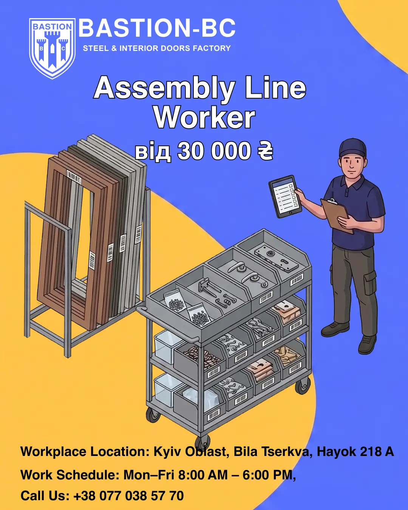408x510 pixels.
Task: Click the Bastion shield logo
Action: [x=52, y=48]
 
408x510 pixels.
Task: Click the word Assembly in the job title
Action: [x=165, y=88]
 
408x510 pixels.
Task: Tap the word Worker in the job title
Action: [x=204, y=118]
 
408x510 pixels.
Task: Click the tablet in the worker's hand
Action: [x=285, y=196]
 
